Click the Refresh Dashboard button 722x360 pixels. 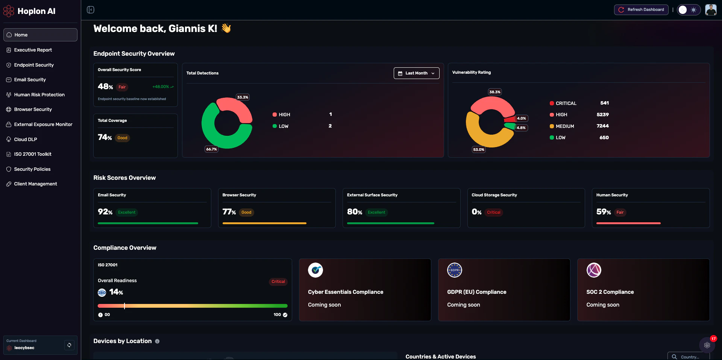(x=641, y=10)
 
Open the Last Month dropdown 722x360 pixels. (x=416, y=73)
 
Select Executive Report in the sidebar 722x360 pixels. (x=33, y=50)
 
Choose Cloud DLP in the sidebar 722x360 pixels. (x=26, y=140)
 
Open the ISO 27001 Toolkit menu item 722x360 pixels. (x=33, y=154)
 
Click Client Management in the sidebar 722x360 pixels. (x=35, y=184)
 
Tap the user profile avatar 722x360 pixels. (x=710, y=10)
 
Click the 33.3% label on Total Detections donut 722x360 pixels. (x=243, y=97)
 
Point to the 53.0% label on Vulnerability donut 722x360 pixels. (x=479, y=150)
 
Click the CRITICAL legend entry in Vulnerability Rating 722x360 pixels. (x=566, y=103)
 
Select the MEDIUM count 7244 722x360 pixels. (x=602, y=126)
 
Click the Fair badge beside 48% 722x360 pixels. (x=122, y=87)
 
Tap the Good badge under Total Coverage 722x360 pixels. (x=122, y=138)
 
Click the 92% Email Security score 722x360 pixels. (x=105, y=212)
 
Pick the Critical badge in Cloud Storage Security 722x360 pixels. (x=493, y=213)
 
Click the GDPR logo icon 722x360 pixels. (x=454, y=270)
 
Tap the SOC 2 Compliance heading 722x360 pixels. (x=610, y=292)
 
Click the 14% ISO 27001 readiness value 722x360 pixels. (x=116, y=292)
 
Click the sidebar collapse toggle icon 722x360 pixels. (x=91, y=10)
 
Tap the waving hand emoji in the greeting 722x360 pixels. (x=226, y=28)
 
